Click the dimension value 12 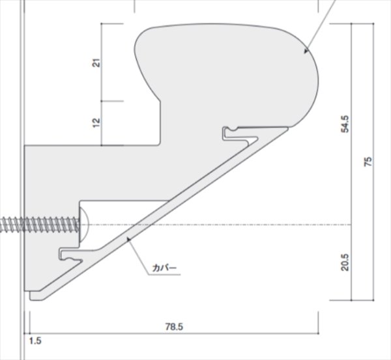coord(96,123)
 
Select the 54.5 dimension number coord(345,124)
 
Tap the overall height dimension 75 coord(368,162)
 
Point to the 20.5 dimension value coord(345,262)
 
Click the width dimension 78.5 coord(174,327)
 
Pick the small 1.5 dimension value coord(35,341)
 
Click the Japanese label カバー coord(164,268)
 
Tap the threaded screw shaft coord(40,225)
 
